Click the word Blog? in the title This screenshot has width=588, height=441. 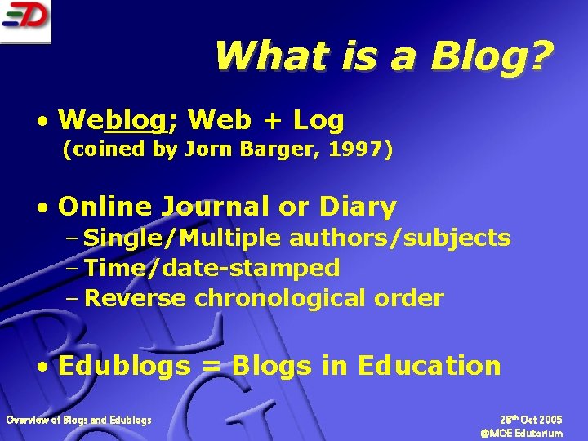click(492, 56)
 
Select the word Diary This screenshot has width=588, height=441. click(358, 207)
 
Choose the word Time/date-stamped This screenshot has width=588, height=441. click(212, 268)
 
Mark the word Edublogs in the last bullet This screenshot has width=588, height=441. click(124, 366)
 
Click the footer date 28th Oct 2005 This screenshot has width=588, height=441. click(531, 420)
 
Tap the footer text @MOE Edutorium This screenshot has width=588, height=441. click(522, 434)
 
